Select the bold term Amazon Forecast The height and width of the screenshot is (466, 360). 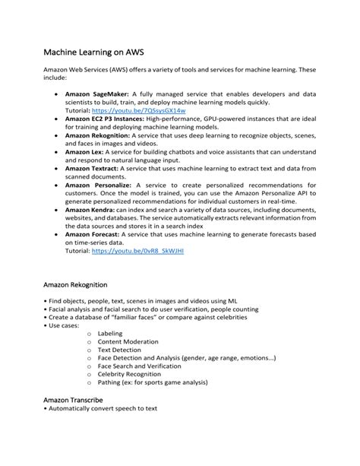click(94, 233)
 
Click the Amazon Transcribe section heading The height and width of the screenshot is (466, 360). click(74, 399)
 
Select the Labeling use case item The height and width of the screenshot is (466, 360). click(110, 334)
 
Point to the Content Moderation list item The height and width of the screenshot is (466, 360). click(128, 343)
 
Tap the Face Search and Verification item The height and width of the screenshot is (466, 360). click(141, 364)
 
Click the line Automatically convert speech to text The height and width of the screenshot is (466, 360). click(101, 409)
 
